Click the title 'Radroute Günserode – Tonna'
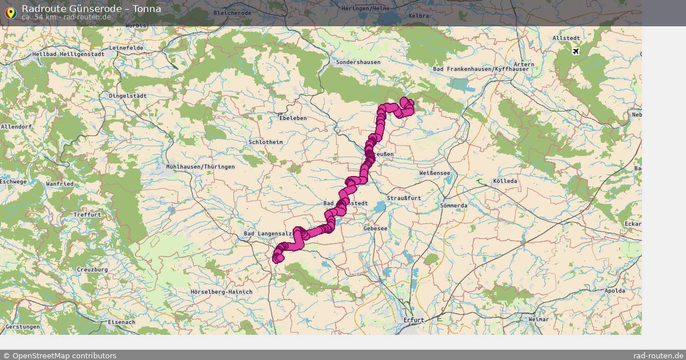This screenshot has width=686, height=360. [91, 9]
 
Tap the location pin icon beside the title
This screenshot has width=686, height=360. [10, 12]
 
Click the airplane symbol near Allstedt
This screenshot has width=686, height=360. [575, 51]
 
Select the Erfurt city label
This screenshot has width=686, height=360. [413, 319]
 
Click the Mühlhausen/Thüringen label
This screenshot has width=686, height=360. [200, 167]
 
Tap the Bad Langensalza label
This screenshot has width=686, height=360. [269, 234]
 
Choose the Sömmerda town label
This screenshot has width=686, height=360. [454, 206]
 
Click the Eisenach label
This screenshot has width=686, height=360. [121, 322]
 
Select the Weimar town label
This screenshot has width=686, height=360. [539, 319]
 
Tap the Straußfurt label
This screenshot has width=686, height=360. [404, 198]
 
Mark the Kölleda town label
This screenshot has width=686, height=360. [505, 181]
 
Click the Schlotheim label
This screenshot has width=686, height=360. [266, 142]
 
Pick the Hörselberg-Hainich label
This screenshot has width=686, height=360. [222, 292]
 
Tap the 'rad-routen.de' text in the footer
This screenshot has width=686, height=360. [659, 355]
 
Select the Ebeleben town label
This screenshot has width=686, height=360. [293, 118]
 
